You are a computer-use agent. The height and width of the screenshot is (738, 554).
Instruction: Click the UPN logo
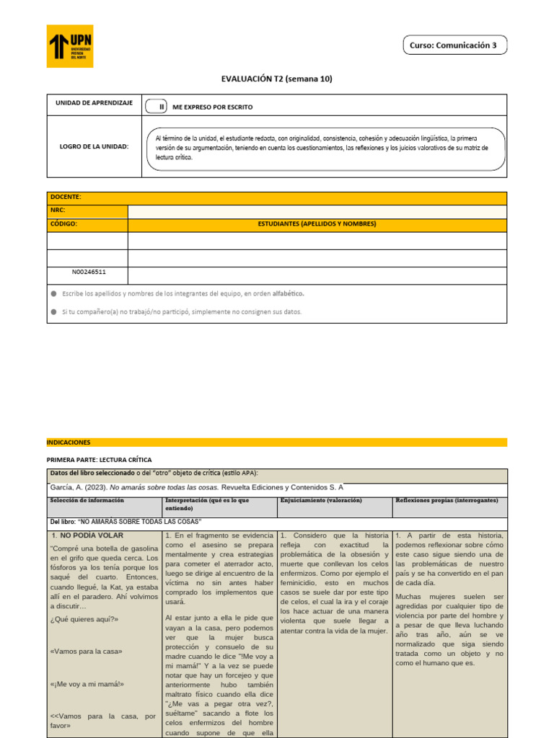(x=70, y=46)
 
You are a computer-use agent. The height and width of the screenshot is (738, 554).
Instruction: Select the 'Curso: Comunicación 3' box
(x=453, y=45)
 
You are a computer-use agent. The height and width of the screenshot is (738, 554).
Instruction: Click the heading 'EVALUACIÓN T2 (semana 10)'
(x=276, y=79)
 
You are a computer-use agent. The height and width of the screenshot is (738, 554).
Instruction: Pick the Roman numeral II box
(x=162, y=107)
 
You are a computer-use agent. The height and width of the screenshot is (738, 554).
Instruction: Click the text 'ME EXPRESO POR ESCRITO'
(x=213, y=107)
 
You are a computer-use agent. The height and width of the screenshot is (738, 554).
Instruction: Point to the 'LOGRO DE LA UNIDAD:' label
(x=94, y=146)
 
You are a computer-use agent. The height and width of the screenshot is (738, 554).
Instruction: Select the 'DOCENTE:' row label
(x=66, y=197)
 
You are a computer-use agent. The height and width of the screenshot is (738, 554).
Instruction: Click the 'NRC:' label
(x=58, y=210)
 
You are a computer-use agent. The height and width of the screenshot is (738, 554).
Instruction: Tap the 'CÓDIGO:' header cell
(x=63, y=224)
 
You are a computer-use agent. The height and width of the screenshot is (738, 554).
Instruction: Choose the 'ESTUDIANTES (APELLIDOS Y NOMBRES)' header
(x=317, y=224)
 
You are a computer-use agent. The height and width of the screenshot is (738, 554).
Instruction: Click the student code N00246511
(x=89, y=273)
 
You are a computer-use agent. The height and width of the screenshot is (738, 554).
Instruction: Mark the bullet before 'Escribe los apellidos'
(x=53, y=294)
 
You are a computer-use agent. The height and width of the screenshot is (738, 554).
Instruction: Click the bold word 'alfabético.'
(x=288, y=294)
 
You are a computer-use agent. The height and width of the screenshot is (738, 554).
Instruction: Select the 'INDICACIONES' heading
(x=69, y=442)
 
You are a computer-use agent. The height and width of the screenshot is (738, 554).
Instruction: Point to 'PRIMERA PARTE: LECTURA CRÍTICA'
(x=100, y=459)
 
